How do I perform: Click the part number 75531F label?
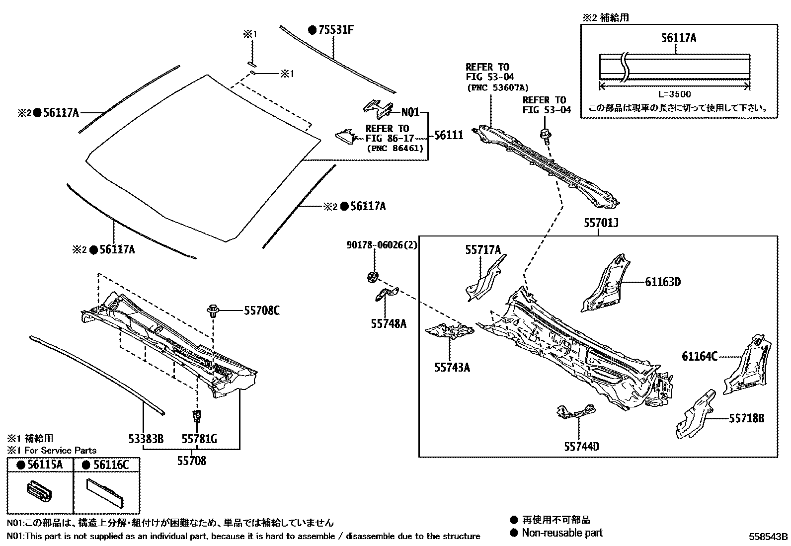(x=336, y=30)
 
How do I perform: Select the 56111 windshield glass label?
(x=449, y=135)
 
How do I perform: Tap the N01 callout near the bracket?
(x=410, y=112)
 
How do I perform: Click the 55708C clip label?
(x=261, y=311)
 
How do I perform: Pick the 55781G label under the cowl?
(x=199, y=439)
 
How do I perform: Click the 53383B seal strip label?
(x=146, y=439)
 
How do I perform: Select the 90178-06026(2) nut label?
(x=382, y=245)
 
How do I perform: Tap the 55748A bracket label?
(x=388, y=324)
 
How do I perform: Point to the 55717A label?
(x=483, y=250)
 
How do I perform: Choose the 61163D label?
(x=663, y=282)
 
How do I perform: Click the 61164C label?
(x=700, y=356)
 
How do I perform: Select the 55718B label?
(x=747, y=418)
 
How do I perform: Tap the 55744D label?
(x=581, y=447)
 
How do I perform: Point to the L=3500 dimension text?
(x=674, y=94)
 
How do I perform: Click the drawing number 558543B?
(x=769, y=537)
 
